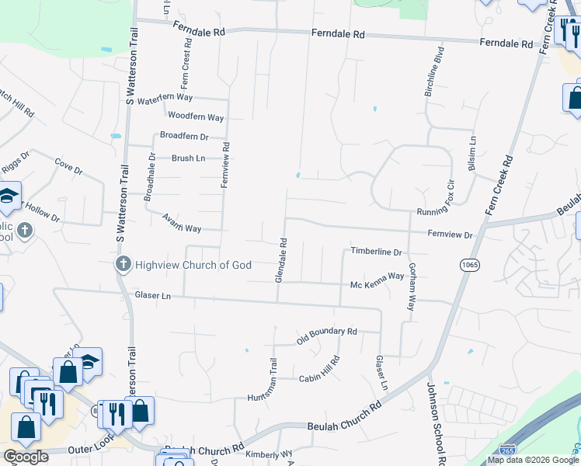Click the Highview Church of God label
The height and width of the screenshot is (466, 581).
193,266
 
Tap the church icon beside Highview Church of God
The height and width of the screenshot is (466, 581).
123,266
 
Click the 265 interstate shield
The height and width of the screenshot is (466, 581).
508,448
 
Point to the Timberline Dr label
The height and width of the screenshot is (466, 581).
376,252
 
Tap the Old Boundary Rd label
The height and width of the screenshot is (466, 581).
326,336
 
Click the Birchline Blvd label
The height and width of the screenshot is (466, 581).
434,72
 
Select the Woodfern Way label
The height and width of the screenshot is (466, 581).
196,117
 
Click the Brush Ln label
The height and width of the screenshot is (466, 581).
188,158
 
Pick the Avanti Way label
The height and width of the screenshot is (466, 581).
182,224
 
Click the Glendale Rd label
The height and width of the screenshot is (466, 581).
284,259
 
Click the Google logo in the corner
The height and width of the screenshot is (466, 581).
26,457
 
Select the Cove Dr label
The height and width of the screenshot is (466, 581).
68,166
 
